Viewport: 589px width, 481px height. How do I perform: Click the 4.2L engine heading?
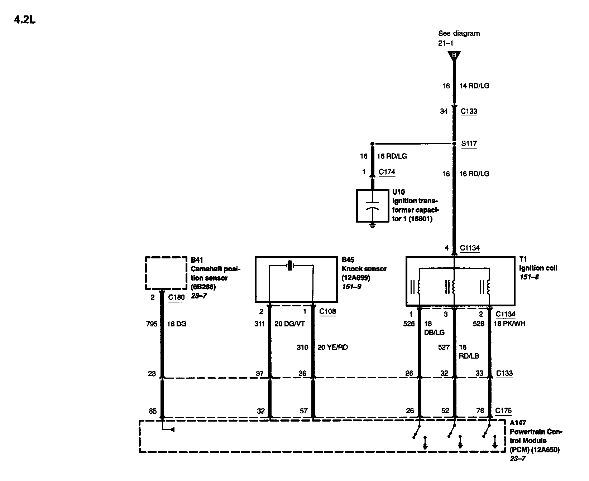coord(25,20)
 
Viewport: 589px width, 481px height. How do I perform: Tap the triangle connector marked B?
coord(454,55)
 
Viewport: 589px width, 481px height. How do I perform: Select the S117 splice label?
coord(469,144)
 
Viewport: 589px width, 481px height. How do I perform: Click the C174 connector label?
coord(387,172)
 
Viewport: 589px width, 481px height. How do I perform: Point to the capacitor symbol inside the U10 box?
coord(373,205)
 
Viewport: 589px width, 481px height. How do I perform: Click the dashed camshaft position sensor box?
coord(166,273)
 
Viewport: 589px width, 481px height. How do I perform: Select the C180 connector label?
coord(176,297)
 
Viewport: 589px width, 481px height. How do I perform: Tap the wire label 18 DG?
coord(177,324)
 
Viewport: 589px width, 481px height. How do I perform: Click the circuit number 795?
coord(152,324)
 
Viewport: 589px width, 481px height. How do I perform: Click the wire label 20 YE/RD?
coord(332,347)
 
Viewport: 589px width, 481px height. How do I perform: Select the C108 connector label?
coord(327,312)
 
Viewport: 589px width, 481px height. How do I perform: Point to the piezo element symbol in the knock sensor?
coord(290,266)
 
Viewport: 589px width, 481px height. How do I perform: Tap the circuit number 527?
coord(444,347)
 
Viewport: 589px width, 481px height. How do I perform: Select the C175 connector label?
coord(503,411)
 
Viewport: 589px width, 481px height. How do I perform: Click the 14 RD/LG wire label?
coord(474,86)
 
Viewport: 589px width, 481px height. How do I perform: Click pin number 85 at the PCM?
coord(153,411)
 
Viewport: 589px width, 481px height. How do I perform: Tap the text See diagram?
coord(459,33)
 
